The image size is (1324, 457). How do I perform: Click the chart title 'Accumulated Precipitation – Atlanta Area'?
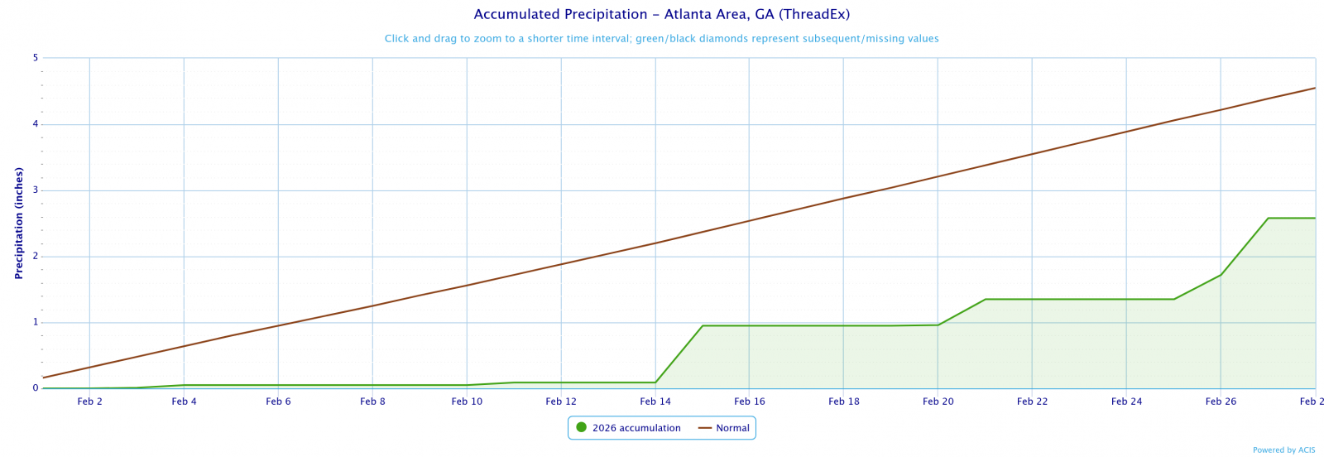(x=661, y=15)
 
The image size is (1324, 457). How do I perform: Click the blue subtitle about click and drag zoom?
(x=661, y=39)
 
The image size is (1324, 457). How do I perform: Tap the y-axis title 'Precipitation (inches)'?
(x=19, y=223)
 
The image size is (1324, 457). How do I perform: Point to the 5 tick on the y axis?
(x=36, y=58)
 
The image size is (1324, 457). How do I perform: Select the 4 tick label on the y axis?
(x=36, y=124)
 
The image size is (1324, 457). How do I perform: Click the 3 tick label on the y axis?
(x=36, y=190)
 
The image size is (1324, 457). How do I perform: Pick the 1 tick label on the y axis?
(x=36, y=322)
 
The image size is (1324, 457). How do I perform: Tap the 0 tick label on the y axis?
(x=36, y=388)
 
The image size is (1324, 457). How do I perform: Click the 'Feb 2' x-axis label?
(x=89, y=402)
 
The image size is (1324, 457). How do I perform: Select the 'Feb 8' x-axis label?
(x=372, y=402)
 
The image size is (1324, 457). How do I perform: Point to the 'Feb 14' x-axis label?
(x=655, y=402)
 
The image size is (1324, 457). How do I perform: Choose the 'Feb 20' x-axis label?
(x=938, y=402)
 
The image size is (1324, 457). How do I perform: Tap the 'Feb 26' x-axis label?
(x=1221, y=402)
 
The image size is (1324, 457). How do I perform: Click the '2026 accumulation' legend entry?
(x=636, y=428)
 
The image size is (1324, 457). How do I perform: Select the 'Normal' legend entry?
(x=732, y=428)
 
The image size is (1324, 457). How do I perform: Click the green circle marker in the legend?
(x=581, y=428)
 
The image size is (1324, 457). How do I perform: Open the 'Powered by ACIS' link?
(x=1283, y=450)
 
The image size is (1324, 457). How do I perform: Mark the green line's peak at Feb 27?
(x=1268, y=218)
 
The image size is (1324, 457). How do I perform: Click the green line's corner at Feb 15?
(x=703, y=325)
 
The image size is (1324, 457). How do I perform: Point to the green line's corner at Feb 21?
(x=986, y=299)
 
